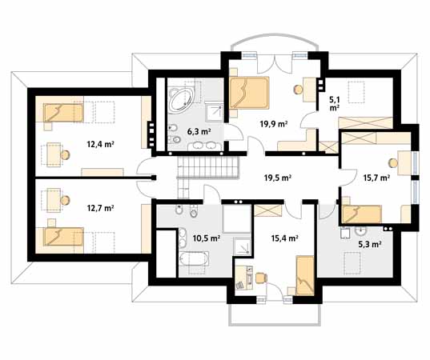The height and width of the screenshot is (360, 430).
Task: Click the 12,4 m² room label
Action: (100, 144)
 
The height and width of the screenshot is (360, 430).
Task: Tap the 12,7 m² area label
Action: (100, 208)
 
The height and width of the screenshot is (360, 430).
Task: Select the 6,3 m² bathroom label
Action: (199, 131)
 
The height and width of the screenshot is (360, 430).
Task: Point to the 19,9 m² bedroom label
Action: (273, 124)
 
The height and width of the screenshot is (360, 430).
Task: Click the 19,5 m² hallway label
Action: (278, 178)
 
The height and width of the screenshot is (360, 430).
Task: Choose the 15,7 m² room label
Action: (376, 178)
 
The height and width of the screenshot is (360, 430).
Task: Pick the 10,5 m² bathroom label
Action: (207, 238)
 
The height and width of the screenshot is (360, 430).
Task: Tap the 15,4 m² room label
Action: (284, 238)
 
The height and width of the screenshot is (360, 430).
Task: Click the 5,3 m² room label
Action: (370, 244)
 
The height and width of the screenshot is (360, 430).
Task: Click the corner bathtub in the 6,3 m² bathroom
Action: (181, 101)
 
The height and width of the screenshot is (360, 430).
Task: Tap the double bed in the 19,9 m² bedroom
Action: (249, 93)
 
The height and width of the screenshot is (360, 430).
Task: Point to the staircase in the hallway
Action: (208, 168)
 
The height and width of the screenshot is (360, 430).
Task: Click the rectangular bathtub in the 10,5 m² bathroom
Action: (194, 258)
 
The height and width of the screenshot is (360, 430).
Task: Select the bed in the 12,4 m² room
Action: (63, 113)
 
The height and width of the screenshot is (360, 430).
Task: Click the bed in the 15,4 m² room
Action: (304, 276)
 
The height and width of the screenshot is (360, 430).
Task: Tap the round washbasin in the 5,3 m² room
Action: (360, 231)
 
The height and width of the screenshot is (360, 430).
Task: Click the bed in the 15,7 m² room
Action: (361, 214)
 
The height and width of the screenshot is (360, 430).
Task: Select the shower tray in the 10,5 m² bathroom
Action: (242, 246)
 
